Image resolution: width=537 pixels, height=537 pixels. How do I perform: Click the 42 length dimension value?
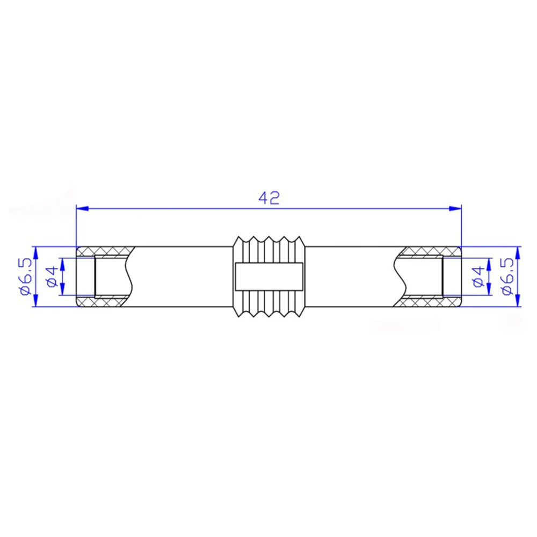click(x=269, y=198)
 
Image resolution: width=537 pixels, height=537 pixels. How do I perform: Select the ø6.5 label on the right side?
click(x=506, y=277)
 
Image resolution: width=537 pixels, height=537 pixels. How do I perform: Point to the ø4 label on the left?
click(x=52, y=277)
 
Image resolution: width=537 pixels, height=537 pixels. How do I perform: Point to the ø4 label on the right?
click(x=478, y=277)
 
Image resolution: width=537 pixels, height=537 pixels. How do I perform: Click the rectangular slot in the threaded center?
click(x=269, y=277)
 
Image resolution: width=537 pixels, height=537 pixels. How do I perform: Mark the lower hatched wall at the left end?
click(x=105, y=301)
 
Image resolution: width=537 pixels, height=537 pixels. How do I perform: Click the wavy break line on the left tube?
click(x=129, y=277)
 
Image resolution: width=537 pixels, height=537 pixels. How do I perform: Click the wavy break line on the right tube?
click(x=400, y=277)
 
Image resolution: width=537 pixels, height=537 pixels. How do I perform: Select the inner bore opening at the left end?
click(x=86, y=277)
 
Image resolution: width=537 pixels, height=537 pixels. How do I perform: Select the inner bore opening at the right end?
click(x=451, y=277)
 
